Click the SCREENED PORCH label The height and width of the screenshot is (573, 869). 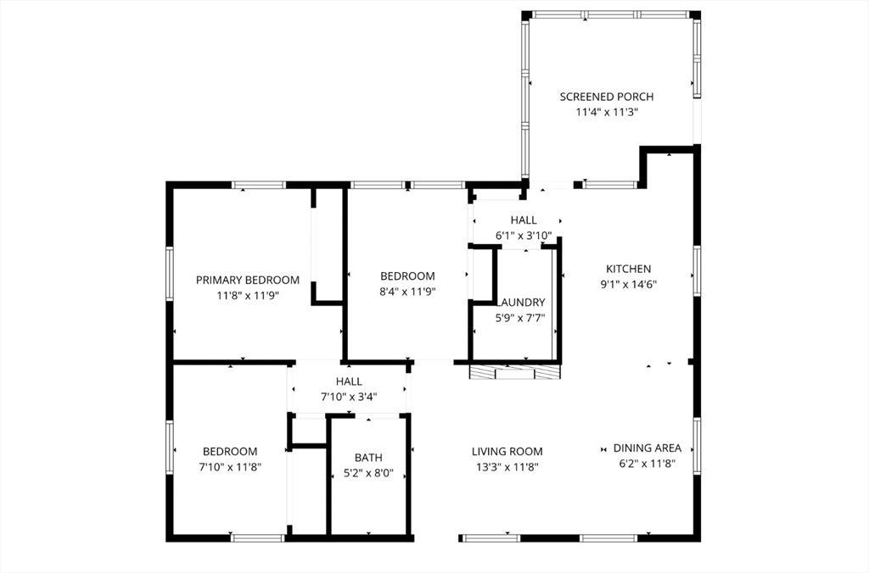pos(606,97)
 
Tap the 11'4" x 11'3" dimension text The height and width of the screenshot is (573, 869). pos(607,113)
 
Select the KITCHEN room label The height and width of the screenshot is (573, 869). pos(629,269)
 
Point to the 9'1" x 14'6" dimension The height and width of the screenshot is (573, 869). pos(629,285)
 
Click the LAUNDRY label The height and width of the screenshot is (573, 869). pos(522,303)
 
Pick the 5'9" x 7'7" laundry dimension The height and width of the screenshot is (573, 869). pos(520,319)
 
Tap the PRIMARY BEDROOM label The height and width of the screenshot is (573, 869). pos(248,280)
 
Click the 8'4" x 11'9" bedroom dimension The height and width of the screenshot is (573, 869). pos(407,292)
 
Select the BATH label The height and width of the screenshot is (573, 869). pos(368,458)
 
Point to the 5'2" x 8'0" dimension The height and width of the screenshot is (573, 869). pos(368,473)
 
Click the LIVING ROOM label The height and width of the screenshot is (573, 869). pos(507,452)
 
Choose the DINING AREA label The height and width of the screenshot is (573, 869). pos(648,448)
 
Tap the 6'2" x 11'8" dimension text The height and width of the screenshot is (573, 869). pos(648,464)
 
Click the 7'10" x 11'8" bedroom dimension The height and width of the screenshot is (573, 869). pos(230,467)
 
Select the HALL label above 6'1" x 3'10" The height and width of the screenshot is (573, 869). pos(524,220)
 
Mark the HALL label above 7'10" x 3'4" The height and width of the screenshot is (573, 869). pos(349,381)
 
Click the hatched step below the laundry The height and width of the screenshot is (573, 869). pos(515,371)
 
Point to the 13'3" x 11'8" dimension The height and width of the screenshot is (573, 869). pos(507,467)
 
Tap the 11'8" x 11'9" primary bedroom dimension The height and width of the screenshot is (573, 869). pos(248,296)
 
